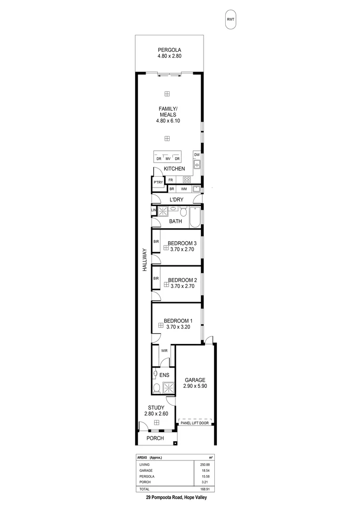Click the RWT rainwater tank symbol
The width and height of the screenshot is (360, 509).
point(230,19)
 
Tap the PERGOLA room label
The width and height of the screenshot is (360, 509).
point(170,49)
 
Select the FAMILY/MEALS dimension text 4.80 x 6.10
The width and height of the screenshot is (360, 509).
point(168,121)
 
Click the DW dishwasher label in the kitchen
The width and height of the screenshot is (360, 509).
point(197,155)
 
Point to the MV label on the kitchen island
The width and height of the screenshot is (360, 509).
point(167,159)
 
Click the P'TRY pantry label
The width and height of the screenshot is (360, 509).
point(158,183)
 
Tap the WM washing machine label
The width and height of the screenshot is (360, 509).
point(184,189)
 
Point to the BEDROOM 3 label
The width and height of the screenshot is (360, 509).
point(182,243)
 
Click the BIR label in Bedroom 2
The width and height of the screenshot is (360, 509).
point(155,279)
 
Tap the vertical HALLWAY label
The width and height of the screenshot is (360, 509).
point(146,260)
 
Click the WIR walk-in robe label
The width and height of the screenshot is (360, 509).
point(164,351)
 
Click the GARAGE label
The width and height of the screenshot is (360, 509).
point(195,379)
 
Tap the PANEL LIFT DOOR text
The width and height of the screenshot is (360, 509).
point(195,423)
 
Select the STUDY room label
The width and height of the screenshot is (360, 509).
point(156,408)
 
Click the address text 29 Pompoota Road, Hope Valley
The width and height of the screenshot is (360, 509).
point(176,497)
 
